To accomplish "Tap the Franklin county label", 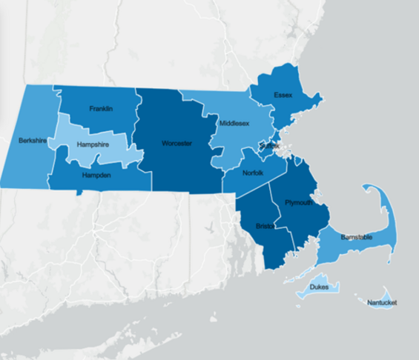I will pyautogui.click(x=101, y=109).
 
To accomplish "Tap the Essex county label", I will pyautogui.click(x=283, y=96).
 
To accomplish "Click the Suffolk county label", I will pyautogui.click(x=269, y=146).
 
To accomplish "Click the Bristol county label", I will pyautogui.click(x=264, y=225).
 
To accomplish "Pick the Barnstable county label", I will pyautogui.click(x=356, y=237).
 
